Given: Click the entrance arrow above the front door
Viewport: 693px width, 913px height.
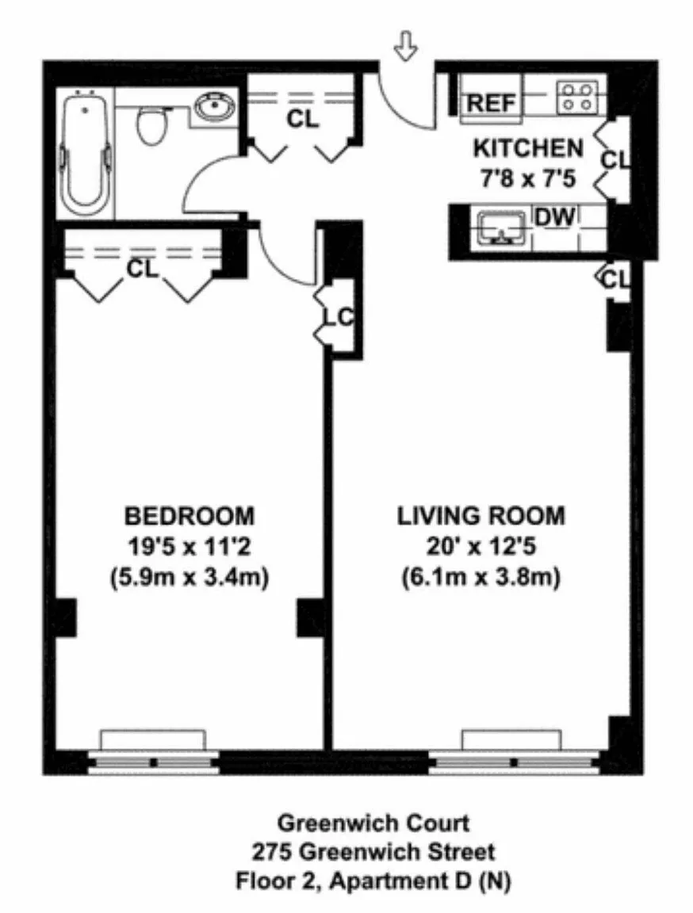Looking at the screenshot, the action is click(x=405, y=45).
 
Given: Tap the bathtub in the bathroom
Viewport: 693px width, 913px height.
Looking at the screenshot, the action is click(x=85, y=154).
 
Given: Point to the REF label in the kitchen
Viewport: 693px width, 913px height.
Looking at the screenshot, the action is click(x=492, y=104).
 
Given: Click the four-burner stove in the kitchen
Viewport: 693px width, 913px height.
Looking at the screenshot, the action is click(x=577, y=97).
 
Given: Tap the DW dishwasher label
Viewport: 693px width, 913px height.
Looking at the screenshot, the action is click(x=554, y=217).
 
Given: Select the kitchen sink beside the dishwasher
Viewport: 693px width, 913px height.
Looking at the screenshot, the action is click(x=501, y=227).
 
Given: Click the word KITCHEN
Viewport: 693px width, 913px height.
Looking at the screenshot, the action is click(x=527, y=148).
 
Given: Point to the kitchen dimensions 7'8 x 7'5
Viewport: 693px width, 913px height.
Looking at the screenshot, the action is click(x=527, y=178).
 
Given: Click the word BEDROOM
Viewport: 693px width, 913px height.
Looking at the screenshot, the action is click(x=190, y=517).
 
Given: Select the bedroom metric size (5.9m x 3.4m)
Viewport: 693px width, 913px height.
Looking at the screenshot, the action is click(x=190, y=578).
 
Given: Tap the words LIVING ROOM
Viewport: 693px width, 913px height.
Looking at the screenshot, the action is click(x=481, y=517).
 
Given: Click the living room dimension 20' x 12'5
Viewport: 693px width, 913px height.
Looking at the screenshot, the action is click(x=481, y=547).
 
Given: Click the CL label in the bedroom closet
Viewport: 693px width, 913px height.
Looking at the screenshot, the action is click(x=143, y=269).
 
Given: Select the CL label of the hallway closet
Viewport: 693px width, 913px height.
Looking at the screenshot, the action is click(x=303, y=120).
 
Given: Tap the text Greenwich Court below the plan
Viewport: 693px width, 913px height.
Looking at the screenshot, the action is click(x=373, y=823).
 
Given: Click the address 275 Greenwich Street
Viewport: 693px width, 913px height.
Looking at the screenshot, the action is click(x=373, y=852).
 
